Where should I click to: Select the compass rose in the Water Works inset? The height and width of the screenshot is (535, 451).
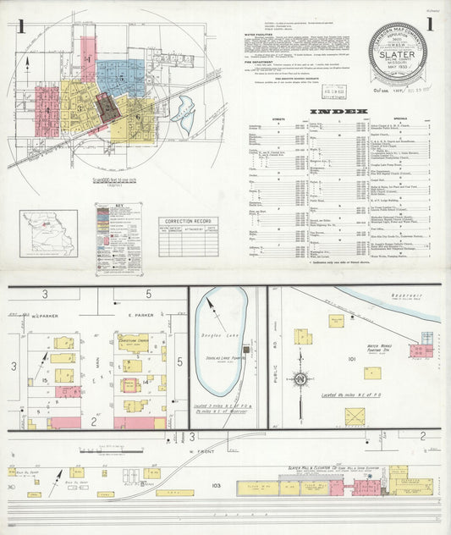click(x=302, y=378)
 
